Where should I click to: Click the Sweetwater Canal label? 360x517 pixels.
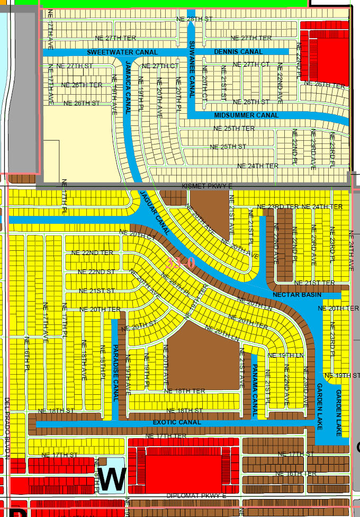tap(122, 52)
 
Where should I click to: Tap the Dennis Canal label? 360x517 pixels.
tap(238, 52)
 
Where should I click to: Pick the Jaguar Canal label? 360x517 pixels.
tap(156, 213)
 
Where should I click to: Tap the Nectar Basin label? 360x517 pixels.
tap(290, 294)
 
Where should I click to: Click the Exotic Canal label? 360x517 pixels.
tap(177, 422)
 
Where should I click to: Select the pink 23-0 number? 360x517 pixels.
tap(181, 262)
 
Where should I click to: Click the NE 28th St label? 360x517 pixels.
tap(194, 19)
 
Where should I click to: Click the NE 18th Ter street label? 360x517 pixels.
tap(185, 391)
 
